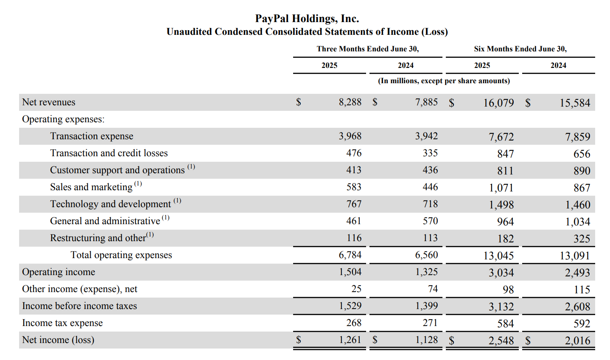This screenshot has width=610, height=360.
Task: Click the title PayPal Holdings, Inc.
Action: click(307, 19)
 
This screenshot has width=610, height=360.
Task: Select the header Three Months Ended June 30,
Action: click(367, 49)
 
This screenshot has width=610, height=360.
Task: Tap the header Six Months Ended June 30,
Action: click(520, 49)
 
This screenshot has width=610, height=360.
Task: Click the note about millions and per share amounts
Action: click(444, 81)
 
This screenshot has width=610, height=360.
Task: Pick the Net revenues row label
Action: click(49, 102)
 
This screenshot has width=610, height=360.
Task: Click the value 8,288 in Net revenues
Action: click(350, 102)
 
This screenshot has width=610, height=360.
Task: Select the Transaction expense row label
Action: click(92, 136)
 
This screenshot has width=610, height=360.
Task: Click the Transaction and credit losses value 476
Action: click(354, 153)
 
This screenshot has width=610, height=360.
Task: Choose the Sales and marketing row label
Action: click(91, 187)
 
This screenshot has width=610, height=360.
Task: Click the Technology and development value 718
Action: click(430, 204)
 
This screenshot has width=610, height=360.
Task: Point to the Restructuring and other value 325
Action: click(582, 239)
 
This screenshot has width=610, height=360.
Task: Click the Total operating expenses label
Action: click(121, 255)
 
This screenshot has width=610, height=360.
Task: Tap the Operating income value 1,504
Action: click(350, 272)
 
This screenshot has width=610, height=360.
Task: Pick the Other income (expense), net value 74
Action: click(433, 289)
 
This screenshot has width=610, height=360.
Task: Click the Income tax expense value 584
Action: click(505, 324)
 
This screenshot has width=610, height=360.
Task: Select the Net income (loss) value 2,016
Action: click(577, 341)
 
